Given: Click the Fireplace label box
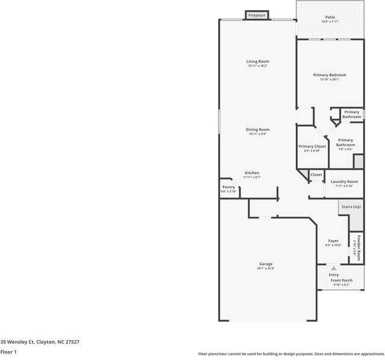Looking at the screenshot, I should tap(257, 15).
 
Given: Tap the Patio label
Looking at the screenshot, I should tap(330, 17).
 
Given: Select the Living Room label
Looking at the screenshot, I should tap(257, 61).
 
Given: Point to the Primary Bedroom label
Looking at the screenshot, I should tap(330, 75).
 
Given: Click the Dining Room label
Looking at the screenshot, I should tap(257, 129).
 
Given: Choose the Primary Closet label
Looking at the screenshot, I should tap(312, 146).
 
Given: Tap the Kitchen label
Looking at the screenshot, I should tap(252, 173).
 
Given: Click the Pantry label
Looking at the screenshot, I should tap(228, 187).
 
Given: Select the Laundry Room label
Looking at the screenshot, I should tap(344, 181).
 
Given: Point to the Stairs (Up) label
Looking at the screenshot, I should tap(351, 206).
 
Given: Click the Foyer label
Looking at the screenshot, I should tap(333, 241).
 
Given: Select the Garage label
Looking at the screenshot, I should tap(266, 264).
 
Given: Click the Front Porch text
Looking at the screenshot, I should tap(342, 281).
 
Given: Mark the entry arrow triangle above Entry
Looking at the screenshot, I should tap(334, 268).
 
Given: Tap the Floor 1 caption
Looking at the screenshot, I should tap(8, 352).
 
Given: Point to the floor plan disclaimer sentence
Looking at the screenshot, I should tap(291, 354).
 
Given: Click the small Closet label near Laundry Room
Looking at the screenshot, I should tap(316, 175).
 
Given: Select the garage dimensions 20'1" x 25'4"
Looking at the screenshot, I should tap(266, 268).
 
